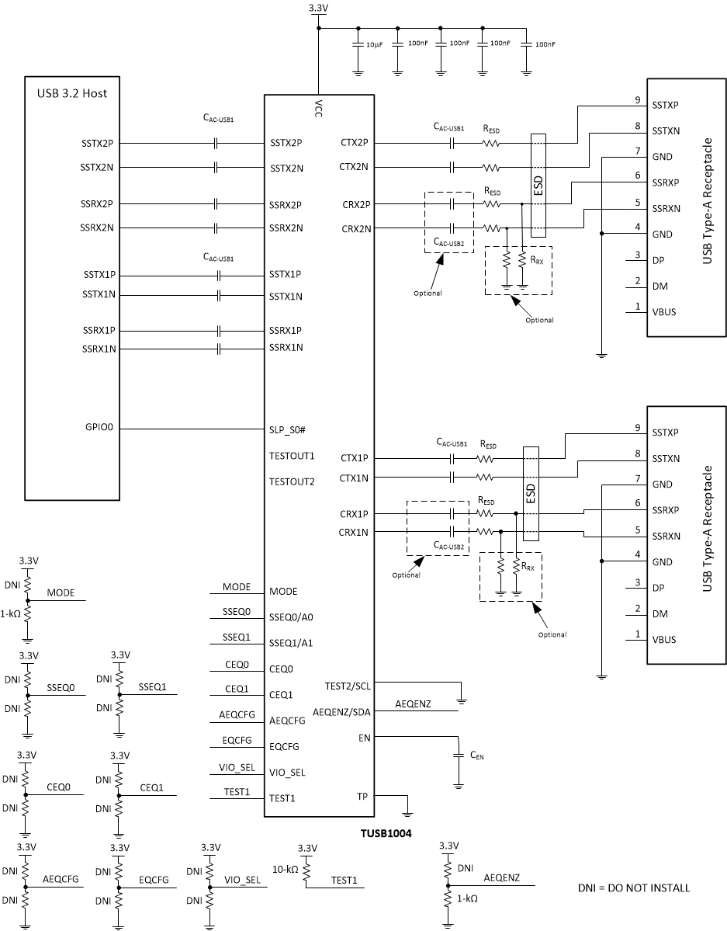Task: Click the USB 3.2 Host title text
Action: tap(72, 94)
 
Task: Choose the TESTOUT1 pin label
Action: tap(292, 456)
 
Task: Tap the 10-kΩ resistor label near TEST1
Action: tap(284, 870)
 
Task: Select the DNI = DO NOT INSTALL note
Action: tap(633, 888)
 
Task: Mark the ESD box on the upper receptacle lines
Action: tap(538, 186)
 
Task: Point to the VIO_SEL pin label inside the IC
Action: tap(287, 773)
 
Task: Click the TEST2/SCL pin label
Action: tap(347, 686)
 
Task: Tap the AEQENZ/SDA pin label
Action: tap(341, 711)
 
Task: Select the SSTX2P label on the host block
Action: tap(97, 143)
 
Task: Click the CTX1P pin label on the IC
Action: tap(354, 459)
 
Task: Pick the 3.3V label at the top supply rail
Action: tap(318, 9)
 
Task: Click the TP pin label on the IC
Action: tap(362, 796)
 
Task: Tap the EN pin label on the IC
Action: tap(363, 737)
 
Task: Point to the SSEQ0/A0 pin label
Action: tap(291, 617)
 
